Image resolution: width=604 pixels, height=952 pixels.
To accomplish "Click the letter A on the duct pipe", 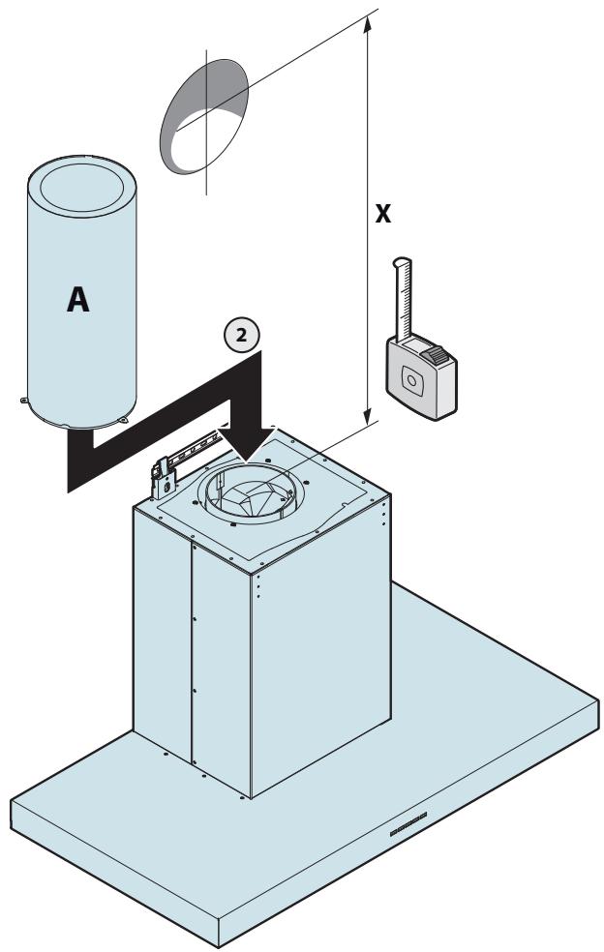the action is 77,299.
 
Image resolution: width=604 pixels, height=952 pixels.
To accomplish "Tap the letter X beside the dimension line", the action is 382,214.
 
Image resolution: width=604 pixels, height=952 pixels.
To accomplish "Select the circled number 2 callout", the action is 241,336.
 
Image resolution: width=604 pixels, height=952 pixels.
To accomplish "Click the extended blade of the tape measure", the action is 404,299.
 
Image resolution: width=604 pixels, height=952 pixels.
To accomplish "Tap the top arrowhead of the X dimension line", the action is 367,25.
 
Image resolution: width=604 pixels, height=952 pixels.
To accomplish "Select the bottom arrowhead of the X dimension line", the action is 367,416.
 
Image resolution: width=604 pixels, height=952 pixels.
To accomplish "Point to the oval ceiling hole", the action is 204,116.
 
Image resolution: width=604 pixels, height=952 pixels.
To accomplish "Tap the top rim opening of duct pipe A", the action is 82,186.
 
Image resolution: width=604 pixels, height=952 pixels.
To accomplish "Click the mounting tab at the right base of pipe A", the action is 124,420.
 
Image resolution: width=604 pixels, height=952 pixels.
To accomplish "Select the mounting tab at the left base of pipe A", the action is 23,400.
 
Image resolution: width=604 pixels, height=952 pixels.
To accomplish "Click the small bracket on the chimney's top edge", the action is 163,479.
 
